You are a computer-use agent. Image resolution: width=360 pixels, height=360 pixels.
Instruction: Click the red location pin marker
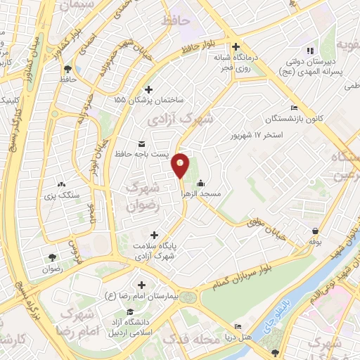(181, 164)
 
